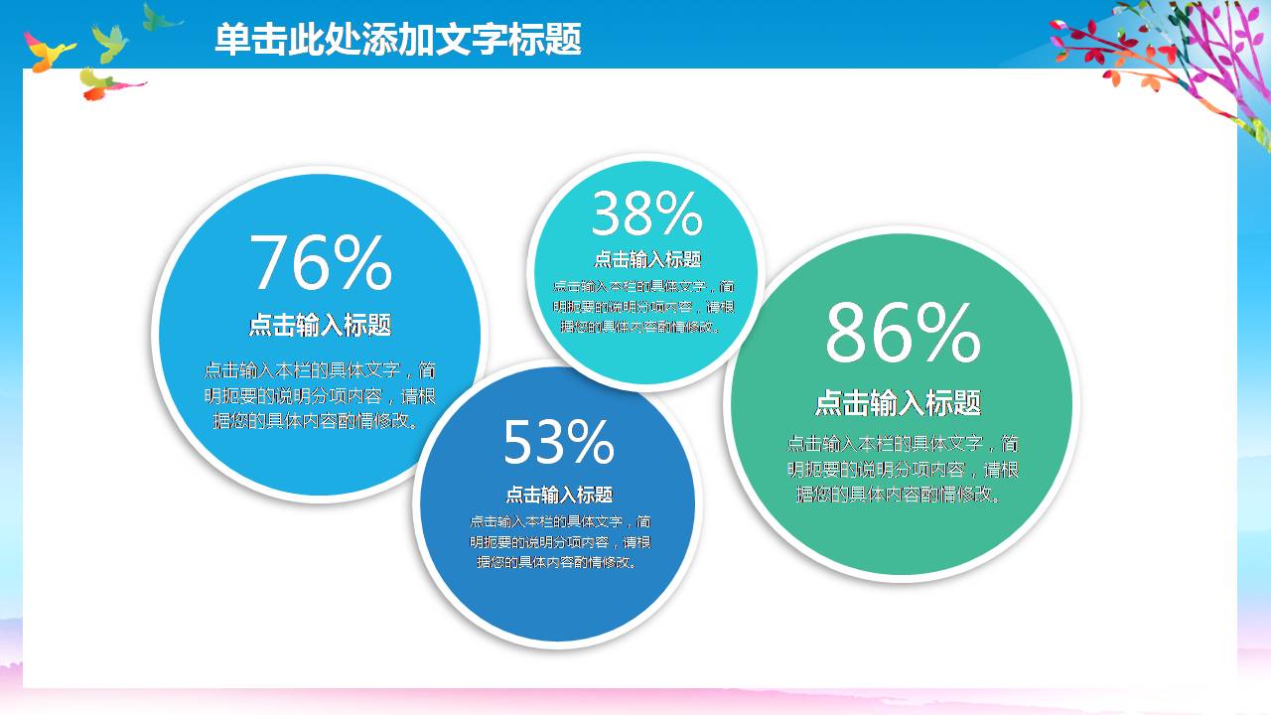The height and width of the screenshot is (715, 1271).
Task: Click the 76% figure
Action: (x=320, y=263)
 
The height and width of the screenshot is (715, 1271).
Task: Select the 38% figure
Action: (x=646, y=214)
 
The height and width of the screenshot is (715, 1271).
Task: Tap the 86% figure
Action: (x=902, y=335)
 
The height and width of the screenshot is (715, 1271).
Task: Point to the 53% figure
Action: (x=558, y=442)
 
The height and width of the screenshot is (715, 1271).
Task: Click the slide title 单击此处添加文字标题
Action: (x=397, y=40)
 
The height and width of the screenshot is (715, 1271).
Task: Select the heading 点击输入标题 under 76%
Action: (x=320, y=325)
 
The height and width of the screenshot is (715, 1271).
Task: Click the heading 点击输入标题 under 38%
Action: (x=647, y=260)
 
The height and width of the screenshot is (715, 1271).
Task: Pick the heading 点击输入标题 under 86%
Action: (x=898, y=403)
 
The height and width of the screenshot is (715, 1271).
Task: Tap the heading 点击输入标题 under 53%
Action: (x=559, y=495)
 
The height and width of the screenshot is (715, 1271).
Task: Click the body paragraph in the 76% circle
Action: (x=320, y=395)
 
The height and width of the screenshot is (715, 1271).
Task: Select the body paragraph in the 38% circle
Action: (x=643, y=306)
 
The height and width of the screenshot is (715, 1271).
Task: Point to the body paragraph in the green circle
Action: (x=902, y=469)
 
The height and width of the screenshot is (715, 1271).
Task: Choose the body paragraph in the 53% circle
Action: (x=560, y=542)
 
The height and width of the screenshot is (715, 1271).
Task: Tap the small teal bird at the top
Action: (x=159, y=17)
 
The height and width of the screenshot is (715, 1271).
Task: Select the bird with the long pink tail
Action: (x=105, y=84)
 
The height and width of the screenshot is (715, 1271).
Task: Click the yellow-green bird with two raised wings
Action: (x=111, y=42)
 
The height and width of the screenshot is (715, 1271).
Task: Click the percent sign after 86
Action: (x=947, y=335)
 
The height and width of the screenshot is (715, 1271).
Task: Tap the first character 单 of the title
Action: (x=231, y=40)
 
